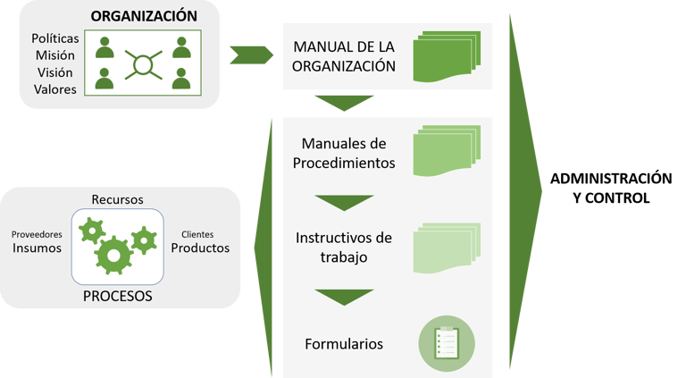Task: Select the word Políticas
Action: (55, 39)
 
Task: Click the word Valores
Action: (55, 89)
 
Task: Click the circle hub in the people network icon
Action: (143, 63)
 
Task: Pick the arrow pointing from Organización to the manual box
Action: (251, 55)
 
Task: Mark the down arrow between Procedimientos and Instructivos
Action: (343, 202)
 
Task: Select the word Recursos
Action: (118, 197)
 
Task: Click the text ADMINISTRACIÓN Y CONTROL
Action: (598, 188)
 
